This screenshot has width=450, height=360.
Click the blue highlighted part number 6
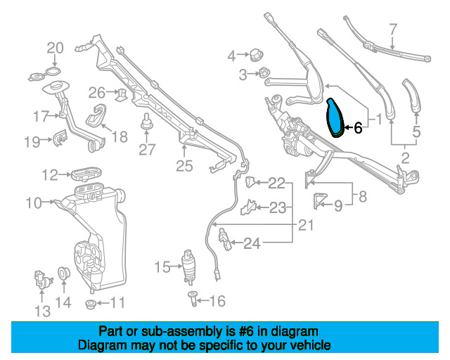coord(336,117)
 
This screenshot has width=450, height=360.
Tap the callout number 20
coord(55,48)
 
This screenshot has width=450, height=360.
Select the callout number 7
coord(393,30)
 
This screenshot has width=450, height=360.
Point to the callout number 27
coord(146,149)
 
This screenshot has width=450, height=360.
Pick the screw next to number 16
coord(191,300)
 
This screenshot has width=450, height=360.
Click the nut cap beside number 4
coord(255,54)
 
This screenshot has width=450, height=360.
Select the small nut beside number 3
coord(264,72)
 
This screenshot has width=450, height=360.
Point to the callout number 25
coord(184,166)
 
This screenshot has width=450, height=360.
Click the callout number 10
coord(33,203)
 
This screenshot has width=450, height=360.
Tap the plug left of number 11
coord(89,304)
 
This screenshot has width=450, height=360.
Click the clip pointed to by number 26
coord(120,92)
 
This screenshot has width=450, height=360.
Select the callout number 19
coord(31,142)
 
